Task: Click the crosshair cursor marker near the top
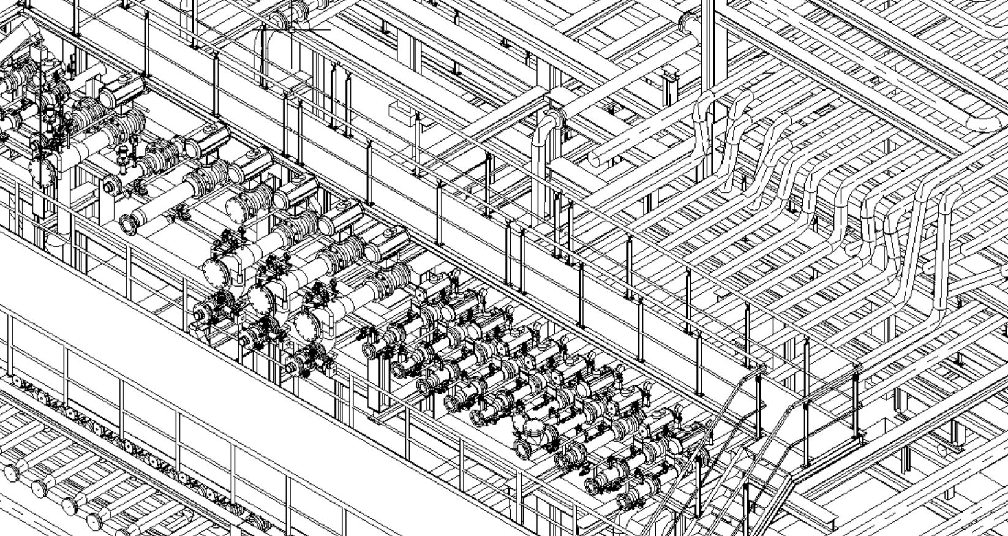pos(292,29)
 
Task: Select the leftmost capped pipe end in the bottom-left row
pos(10,472)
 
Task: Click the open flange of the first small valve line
pos(369,350)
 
